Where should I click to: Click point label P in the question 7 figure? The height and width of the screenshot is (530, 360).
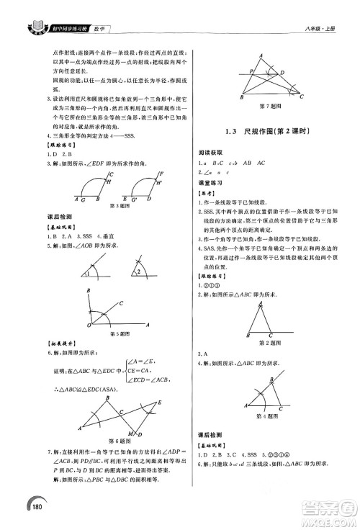251,71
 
